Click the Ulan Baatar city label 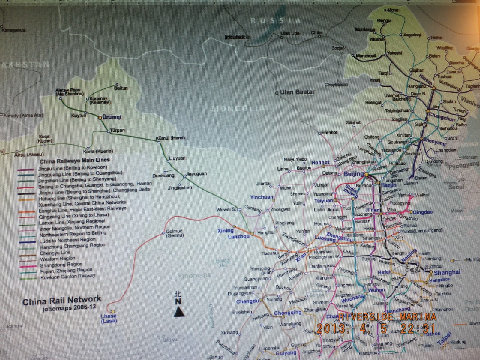297,92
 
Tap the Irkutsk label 235,37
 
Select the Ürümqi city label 112,117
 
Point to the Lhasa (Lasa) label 109,318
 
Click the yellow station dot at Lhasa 113,312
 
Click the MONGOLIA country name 238,108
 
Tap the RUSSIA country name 276,20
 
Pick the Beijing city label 353,174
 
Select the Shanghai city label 447,273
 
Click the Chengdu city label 247,301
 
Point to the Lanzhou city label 239,236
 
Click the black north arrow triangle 179,313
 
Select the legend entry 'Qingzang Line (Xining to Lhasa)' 74,215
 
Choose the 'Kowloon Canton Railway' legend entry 68,277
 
